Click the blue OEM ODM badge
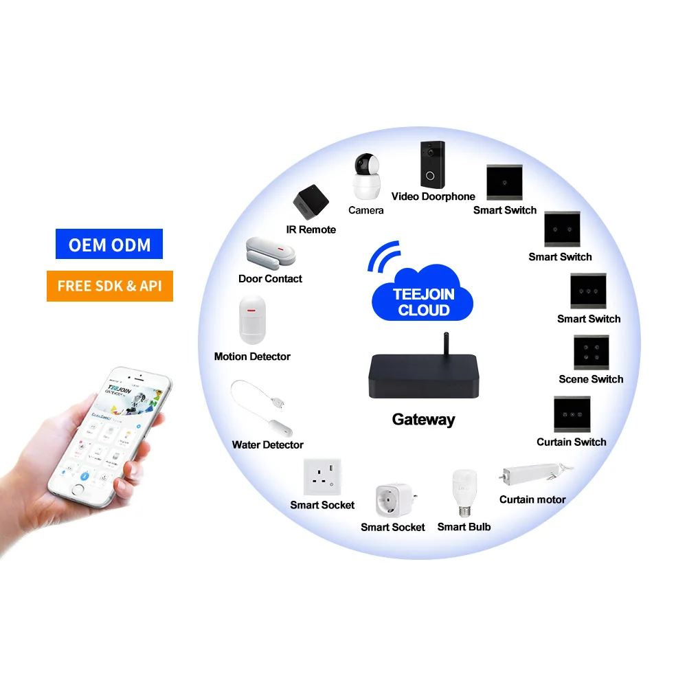point(109,245)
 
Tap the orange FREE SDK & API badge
point(109,286)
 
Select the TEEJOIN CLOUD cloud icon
point(422,296)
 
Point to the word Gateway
point(423,420)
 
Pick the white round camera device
point(365,177)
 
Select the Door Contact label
point(270,279)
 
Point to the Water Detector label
point(267,445)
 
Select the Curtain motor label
point(532,499)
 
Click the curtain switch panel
point(572,414)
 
